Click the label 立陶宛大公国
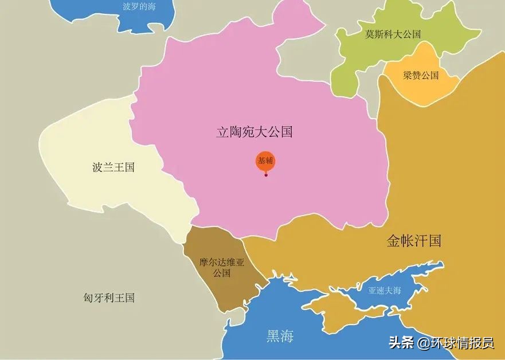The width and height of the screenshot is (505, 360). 254,132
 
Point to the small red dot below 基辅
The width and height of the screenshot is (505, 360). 266,175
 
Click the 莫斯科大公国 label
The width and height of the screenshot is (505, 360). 393,34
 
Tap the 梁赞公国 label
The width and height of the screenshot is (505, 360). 420,75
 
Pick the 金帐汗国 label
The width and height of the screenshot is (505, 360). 414,241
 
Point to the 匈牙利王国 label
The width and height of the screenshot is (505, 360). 108,298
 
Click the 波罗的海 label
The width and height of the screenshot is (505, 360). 139,7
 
